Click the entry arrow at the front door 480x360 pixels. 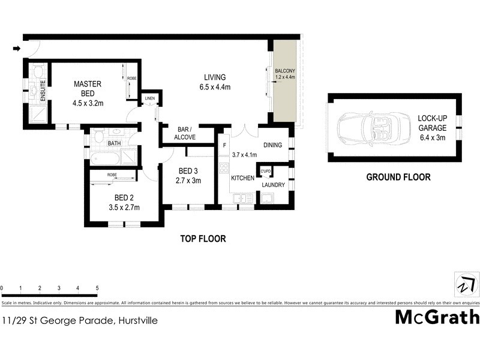pos(17,49)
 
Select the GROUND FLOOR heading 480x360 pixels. pos(398,177)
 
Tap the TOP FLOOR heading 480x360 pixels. pos(203,239)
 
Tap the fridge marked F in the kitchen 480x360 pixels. pos(224,146)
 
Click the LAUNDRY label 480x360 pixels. pos(272,185)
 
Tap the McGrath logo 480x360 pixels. pos(437,317)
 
